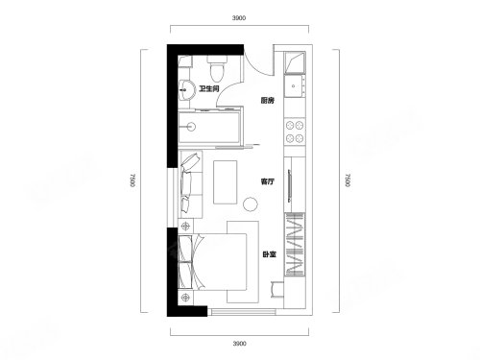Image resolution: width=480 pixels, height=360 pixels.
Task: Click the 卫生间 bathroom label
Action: click(x=208, y=89)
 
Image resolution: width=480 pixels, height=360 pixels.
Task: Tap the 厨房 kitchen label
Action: click(x=267, y=101)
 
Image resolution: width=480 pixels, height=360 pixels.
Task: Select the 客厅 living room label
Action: click(x=267, y=181)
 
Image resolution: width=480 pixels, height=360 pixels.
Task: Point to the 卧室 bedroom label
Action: click(x=269, y=254)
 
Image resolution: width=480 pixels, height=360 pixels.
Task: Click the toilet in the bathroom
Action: click(x=218, y=68)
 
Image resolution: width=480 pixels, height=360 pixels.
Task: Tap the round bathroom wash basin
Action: click(x=187, y=90)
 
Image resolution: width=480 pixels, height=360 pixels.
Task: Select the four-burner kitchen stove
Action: click(x=295, y=132)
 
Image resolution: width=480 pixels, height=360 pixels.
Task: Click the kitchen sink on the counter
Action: click(x=294, y=85)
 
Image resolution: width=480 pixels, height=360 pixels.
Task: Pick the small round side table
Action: click(x=250, y=204)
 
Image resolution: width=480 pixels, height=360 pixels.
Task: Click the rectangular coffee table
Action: click(x=226, y=182)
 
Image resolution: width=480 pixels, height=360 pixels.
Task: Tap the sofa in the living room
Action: click(x=190, y=184)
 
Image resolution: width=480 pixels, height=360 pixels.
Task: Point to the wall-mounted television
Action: click(x=290, y=185)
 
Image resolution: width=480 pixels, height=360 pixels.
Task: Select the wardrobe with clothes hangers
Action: click(x=295, y=244)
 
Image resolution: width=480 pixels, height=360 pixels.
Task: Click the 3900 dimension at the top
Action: click(x=239, y=18)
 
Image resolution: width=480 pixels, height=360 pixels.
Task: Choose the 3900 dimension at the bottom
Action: click(x=239, y=344)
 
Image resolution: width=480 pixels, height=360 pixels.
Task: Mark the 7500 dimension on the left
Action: click(x=132, y=180)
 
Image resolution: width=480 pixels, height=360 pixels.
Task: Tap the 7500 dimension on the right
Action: click(x=348, y=180)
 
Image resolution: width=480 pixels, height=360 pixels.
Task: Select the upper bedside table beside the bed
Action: click(x=185, y=227)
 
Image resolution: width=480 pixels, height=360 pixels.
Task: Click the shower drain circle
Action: click(x=191, y=127)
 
